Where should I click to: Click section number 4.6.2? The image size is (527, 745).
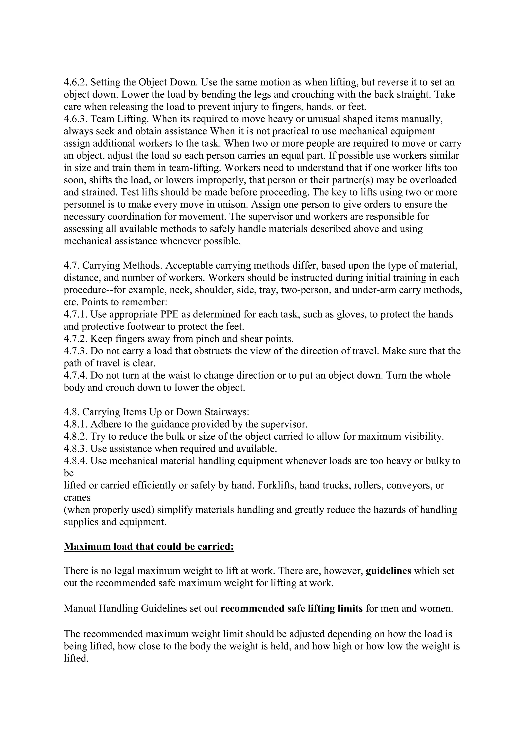click(75, 82)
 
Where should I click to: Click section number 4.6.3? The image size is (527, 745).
click(75, 119)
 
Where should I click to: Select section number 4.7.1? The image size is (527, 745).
click(75, 314)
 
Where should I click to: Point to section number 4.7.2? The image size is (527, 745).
click(75, 339)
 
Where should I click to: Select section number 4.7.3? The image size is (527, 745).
click(75, 351)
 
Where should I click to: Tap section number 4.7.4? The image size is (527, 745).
click(75, 375)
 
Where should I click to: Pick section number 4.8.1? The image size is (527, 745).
click(75, 424)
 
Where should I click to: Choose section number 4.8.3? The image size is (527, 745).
click(75, 449)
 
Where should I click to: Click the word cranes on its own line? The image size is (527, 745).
click(77, 498)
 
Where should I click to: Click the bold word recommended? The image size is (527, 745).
click(252, 608)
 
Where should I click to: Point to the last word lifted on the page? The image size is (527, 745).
click(76, 658)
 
